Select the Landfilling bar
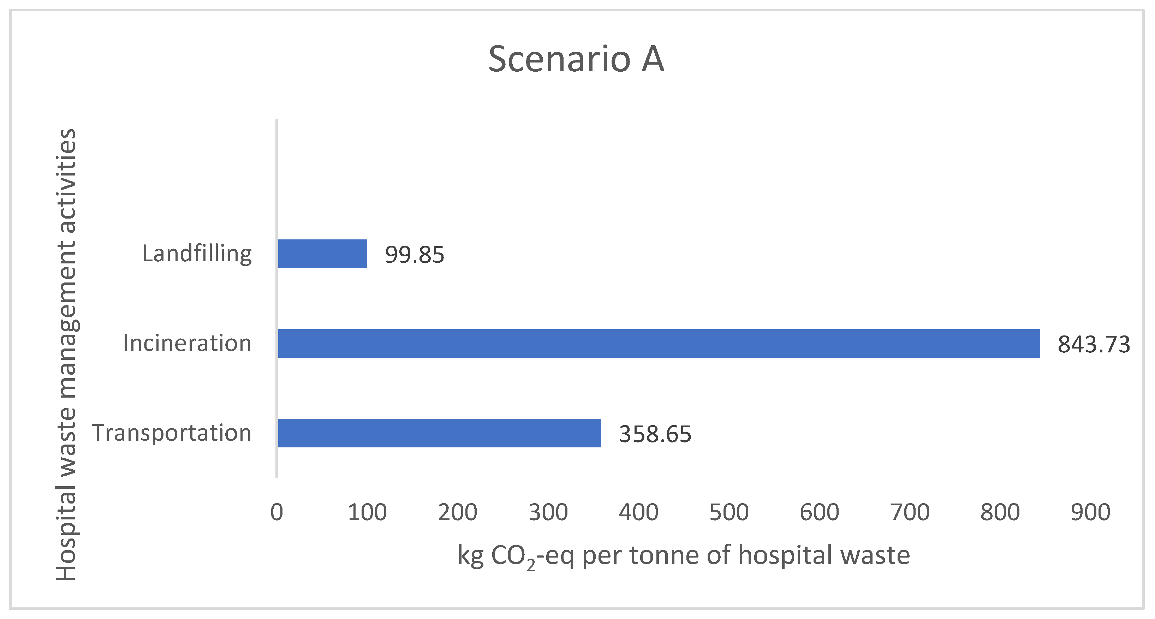pos(322,254)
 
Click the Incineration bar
pos(659,343)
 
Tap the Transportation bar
pos(439,433)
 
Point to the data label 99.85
pos(414,255)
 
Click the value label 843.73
pos(1094,344)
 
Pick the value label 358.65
pos(655,434)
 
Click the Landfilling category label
pos(197,254)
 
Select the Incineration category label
pos(187,343)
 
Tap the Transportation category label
pos(171,433)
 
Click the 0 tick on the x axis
pos(276,512)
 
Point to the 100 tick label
pos(367,512)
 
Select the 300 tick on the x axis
pos(548,512)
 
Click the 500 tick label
pos(728,512)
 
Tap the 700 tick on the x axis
pos(910,512)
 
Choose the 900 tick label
pos(1090,512)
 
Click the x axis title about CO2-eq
pos(683,556)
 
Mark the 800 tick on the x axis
pos(1000,512)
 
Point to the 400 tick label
pos(638,512)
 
